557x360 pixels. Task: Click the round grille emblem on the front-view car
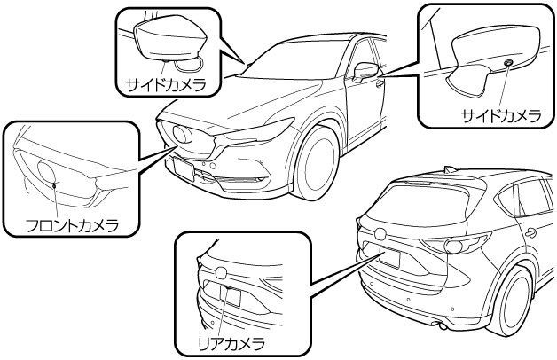point(187,134)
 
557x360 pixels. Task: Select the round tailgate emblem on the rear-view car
point(380,233)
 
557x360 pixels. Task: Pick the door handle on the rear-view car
point(530,233)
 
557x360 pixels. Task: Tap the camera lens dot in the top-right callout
point(506,63)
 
